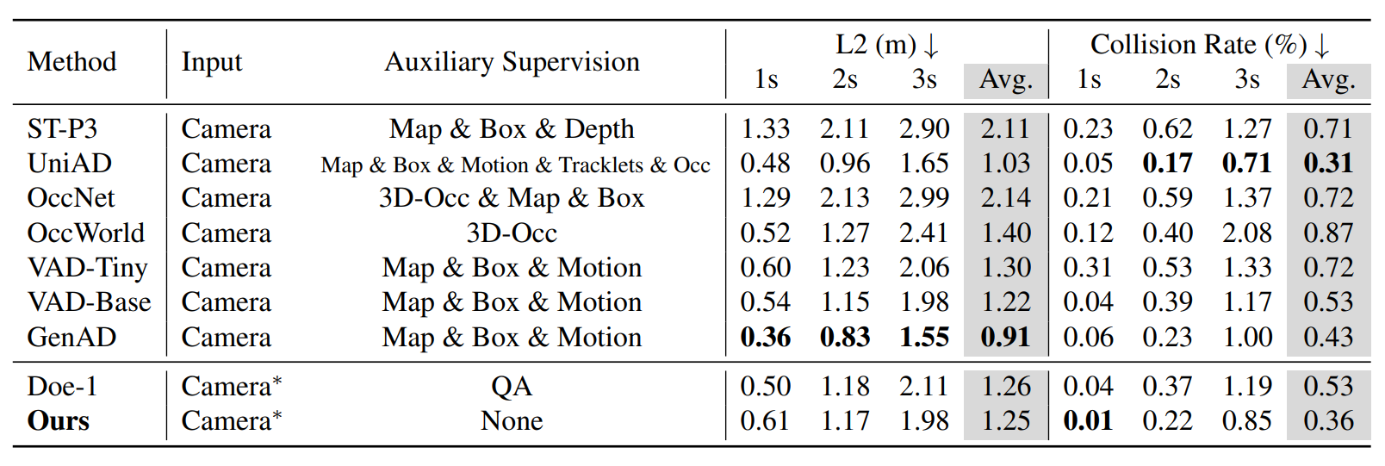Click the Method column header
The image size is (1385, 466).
[x=71, y=62]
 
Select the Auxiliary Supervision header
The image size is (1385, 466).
[x=512, y=62]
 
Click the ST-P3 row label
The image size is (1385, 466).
[x=63, y=128]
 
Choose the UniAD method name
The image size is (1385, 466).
[x=69, y=163]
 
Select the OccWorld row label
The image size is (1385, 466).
[x=86, y=233]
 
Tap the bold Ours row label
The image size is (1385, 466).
[x=58, y=421]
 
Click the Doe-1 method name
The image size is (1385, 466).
[x=63, y=386]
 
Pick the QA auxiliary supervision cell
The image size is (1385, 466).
[x=512, y=387]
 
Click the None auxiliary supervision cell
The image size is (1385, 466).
[x=512, y=421]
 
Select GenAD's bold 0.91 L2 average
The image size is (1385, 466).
[x=1005, y=338]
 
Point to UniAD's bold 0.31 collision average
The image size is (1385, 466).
[x=1328, y=163]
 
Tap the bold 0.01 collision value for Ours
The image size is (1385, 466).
[x=1088, y=421]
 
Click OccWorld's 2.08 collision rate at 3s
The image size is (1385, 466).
[x=1247, y=233]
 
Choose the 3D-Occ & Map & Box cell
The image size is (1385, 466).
[x=512, y=198]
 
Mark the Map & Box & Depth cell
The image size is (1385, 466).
[x=512, y=129]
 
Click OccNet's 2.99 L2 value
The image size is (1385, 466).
[x=924, y=198]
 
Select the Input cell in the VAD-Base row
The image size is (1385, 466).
[x=227, y=302]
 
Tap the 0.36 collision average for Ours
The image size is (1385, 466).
[x=1328, y=421]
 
